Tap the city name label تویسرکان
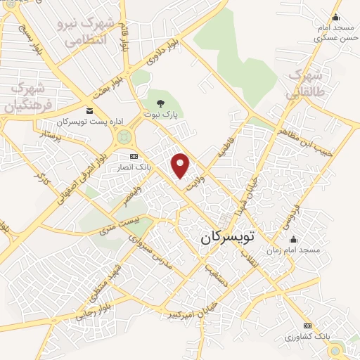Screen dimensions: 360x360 tap(226, 238)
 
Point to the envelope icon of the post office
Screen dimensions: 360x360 tap(89, 112)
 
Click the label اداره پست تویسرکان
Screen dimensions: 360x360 tap(89, 122)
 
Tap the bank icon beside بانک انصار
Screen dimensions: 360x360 tap(134, 156)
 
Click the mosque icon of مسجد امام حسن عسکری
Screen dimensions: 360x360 tap(335, 18)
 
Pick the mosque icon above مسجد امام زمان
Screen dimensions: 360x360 tap(294, 240)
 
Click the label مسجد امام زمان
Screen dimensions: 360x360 tap(293, 250)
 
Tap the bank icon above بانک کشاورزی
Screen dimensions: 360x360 tap(307, 326)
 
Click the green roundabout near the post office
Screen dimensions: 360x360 tap(124, 136)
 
